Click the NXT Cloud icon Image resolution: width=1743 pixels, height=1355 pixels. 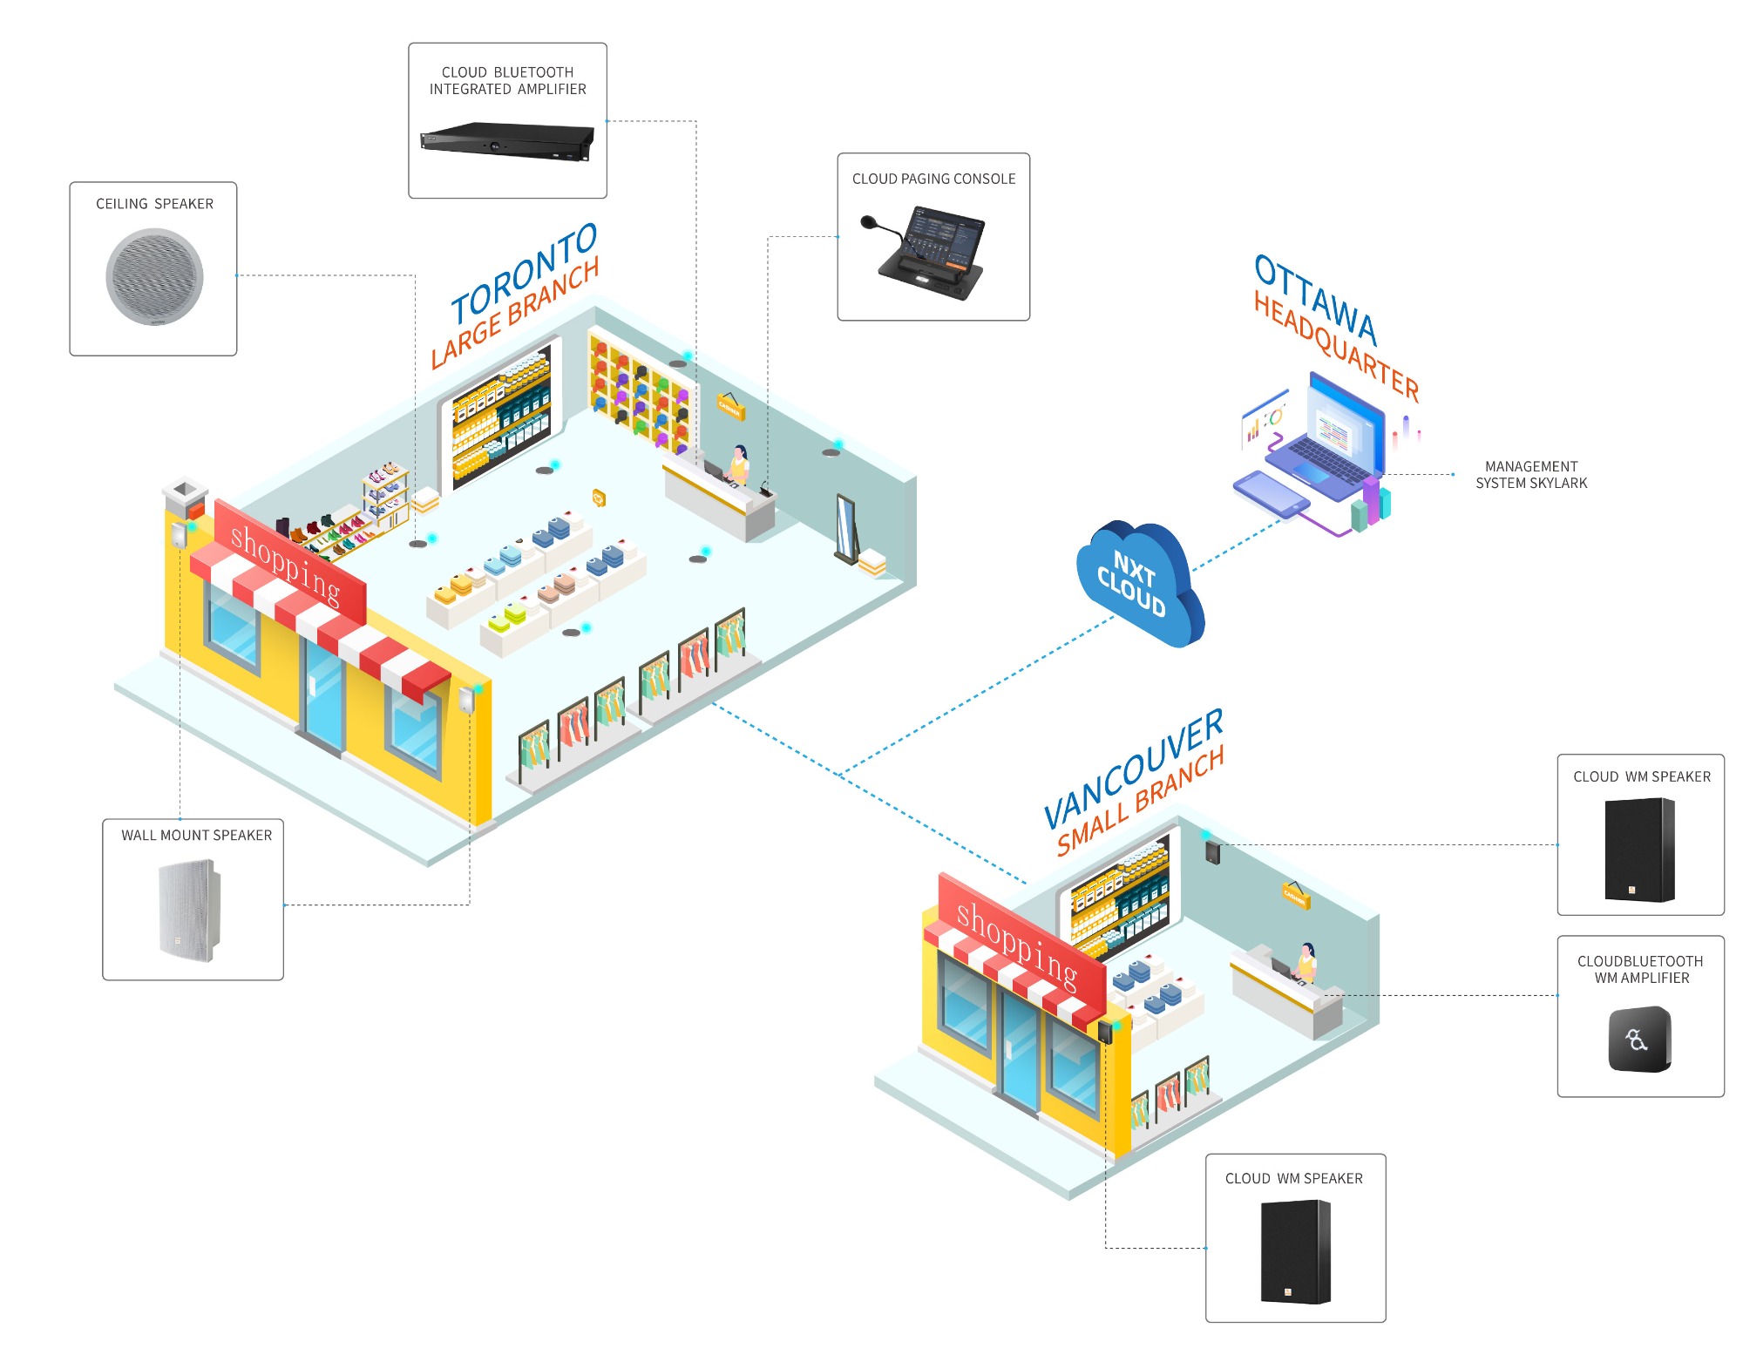point(1137,582)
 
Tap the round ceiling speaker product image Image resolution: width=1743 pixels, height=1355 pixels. point(154,277)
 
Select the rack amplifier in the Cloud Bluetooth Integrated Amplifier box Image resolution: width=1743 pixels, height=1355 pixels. point(506,141)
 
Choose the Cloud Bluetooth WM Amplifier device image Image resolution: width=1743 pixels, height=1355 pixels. point(1639,1039)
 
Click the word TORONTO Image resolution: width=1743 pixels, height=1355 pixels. point(524,272)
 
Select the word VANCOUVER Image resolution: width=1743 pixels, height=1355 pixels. point(1133,768)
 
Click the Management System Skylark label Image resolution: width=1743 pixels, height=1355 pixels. point(1530,475)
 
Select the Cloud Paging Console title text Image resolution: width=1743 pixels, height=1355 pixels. point(933,179)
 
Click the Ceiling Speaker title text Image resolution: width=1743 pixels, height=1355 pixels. point(154,204)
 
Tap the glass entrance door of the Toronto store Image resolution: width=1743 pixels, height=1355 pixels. point(323,696)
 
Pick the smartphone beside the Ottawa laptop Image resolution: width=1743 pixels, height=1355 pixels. point(1272,493)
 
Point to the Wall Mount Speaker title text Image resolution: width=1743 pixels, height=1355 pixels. point(196,835)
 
